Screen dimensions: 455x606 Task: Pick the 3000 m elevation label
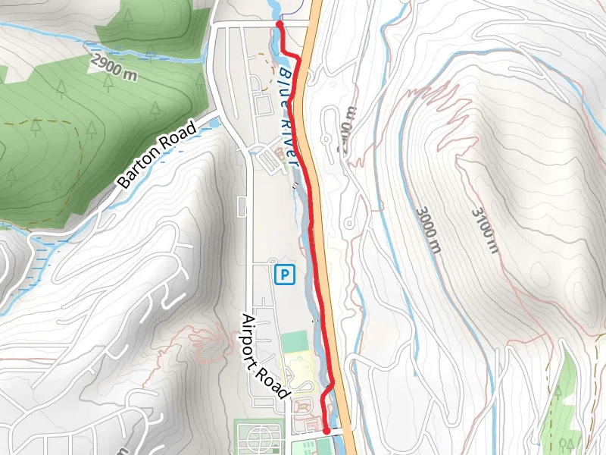[427, 227]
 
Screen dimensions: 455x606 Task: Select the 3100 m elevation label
[484, 229]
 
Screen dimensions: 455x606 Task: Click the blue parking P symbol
[284, 274]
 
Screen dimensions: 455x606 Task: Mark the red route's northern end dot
[280, 24]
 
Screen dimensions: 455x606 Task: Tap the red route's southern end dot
[326, 430]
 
